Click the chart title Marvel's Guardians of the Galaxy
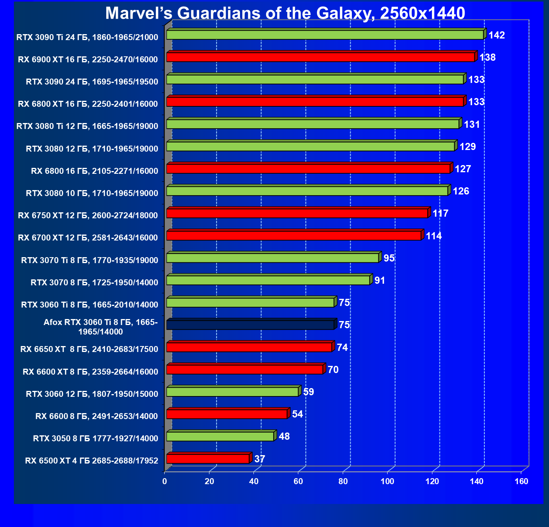285,13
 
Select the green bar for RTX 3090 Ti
324,35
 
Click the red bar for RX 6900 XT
320,57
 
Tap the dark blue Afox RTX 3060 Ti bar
250,325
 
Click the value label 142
496,35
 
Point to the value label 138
487,58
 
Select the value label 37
259,459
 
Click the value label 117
440,213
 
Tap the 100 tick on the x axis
387,481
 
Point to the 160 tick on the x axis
521,481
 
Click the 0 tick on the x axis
165,481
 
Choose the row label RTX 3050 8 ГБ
95,439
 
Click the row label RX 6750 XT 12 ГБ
88,215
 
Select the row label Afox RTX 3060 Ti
100,327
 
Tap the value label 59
308,392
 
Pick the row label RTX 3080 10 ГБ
92,193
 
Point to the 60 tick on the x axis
298,481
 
